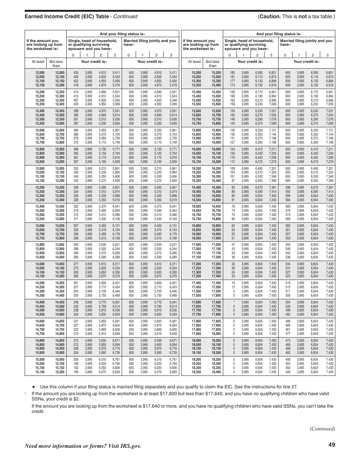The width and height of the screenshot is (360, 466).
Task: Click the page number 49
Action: pyautogui.click(x=332, y=445)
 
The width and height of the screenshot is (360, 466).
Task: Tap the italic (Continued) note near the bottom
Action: pyautogui.click(x=322, y=428)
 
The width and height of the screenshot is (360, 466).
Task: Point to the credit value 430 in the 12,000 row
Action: pyautogui.click(x=76, y=72)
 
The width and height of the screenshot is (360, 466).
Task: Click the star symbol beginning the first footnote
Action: pyautogui.click(x=34, y=387)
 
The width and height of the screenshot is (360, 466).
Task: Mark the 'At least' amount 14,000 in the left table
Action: pyautogui.click(x=40, y=263)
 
